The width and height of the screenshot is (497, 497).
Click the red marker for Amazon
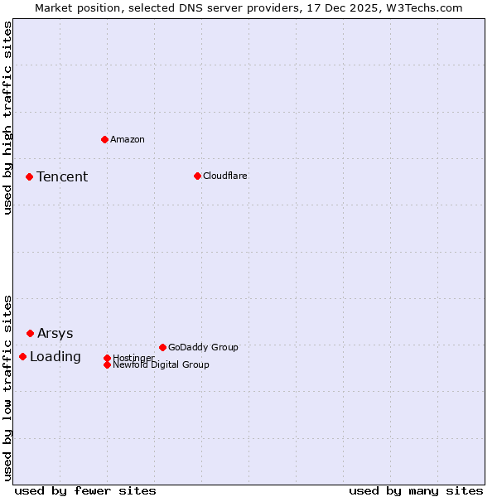(104, 139)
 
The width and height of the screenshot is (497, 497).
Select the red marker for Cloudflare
(197, 176)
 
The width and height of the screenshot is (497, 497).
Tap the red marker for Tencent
(29, 176)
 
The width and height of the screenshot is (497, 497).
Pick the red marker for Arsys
(30, 333)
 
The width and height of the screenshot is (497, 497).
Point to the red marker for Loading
(22, 356)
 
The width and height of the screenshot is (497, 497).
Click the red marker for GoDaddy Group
(162, 347)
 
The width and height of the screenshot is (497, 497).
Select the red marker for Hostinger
(107, 358)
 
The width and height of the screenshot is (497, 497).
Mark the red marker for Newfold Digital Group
(107, 364)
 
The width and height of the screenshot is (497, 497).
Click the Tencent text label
(62, 177)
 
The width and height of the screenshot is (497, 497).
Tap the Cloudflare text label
(224, 176)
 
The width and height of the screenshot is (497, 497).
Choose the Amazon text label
(127, 140)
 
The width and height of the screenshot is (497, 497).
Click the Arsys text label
(55, 334)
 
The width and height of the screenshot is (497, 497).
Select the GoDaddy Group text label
(202, 348)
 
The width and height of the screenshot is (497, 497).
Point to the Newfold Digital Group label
(161, 365)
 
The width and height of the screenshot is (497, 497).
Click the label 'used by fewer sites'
(85, 490)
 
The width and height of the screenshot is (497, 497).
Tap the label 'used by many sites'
(416, 490)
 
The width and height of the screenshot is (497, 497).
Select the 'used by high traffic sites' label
(8, 118)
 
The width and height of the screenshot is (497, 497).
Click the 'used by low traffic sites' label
(8, 388)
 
